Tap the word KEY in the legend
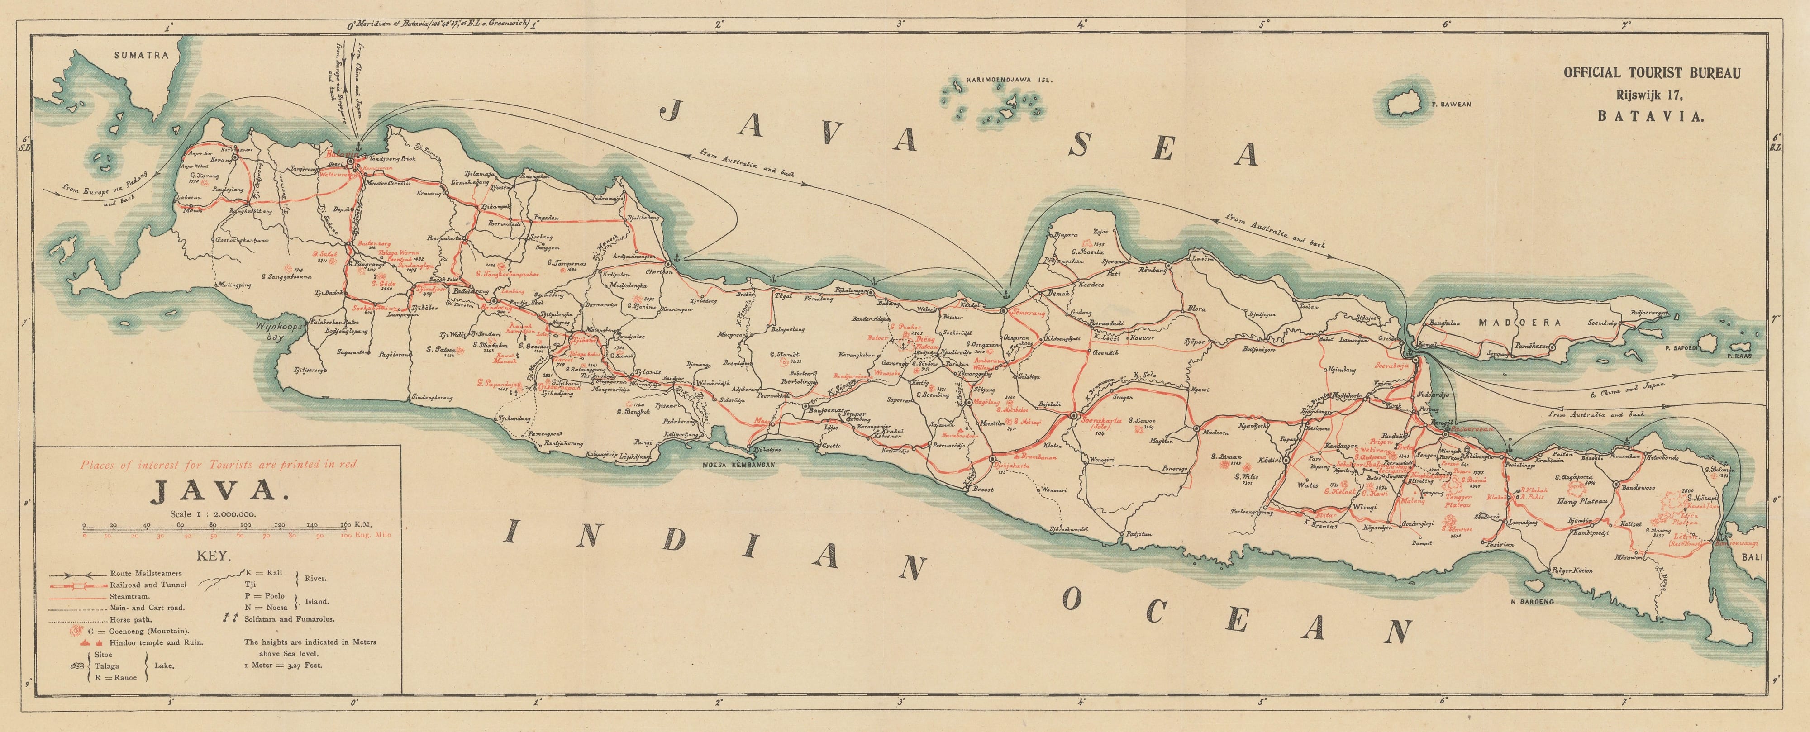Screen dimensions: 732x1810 [x=215, y=555]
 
